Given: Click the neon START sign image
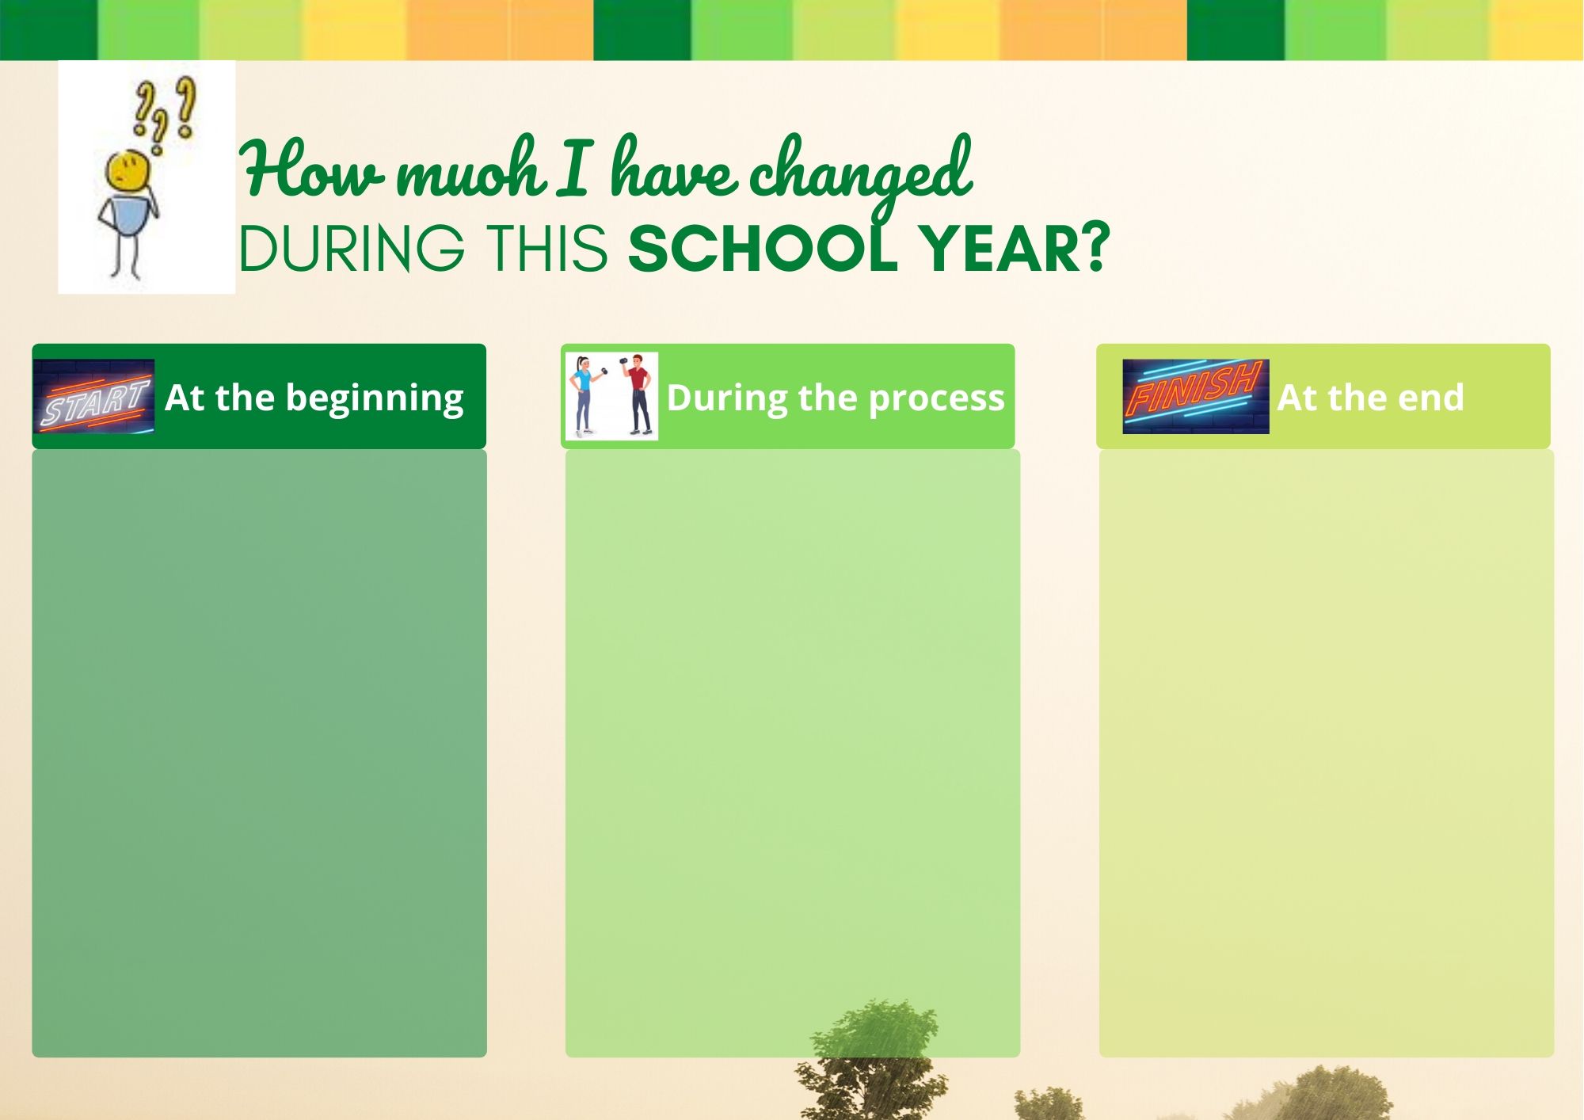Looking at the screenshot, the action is tap(93, 396).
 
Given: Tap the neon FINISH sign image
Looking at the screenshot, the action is tap(1195, 396).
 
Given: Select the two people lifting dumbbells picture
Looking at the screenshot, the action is tap(611, 396).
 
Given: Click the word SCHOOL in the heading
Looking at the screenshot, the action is tap(763, 249).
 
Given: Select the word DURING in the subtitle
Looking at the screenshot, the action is tap(352, 249).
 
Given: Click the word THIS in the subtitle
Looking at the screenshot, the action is tap(547, 249).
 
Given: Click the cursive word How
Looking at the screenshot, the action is tap(313, 169).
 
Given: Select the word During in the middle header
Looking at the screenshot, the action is tap(728, 398).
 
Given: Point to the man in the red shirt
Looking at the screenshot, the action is tap(638, 395).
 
